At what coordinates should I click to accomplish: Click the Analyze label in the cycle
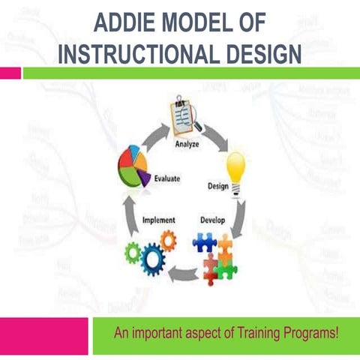pos(187,144)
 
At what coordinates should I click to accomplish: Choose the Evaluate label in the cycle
pos(166,178)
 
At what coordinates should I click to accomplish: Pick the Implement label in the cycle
pos(158,220)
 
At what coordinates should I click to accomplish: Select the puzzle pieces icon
pos(214,253)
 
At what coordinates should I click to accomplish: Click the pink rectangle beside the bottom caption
pos(44,335)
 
